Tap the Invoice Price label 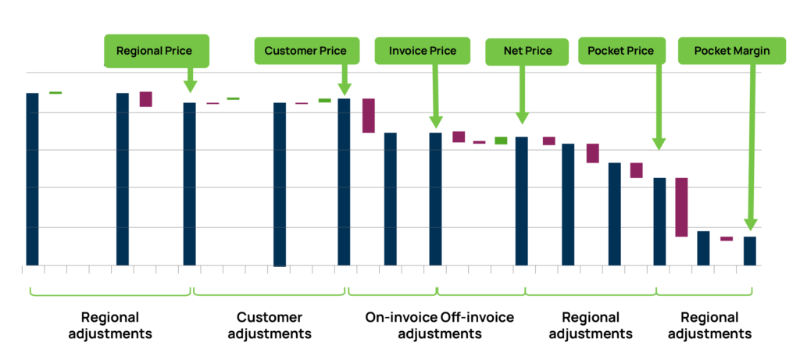[x=422, y=51]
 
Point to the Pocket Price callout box [x=621, y=51]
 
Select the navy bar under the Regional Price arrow [x=189, y=184]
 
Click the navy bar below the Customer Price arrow [x=344, y=181]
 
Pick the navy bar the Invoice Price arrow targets [x=435, y=198]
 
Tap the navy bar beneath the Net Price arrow [x=522, y=201]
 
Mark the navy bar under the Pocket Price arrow [x=659, y=221]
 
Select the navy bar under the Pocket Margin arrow [x=750, y=251]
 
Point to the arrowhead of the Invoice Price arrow [x=435, y=123]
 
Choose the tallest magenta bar [x=681, y=207]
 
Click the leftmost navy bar [x=32, y=179]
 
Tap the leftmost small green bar [x=55, y=92]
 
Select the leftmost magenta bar [x=146, y=98]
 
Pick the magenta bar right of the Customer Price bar [x=369, y=116]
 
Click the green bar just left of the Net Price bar [x=500, y=141]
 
